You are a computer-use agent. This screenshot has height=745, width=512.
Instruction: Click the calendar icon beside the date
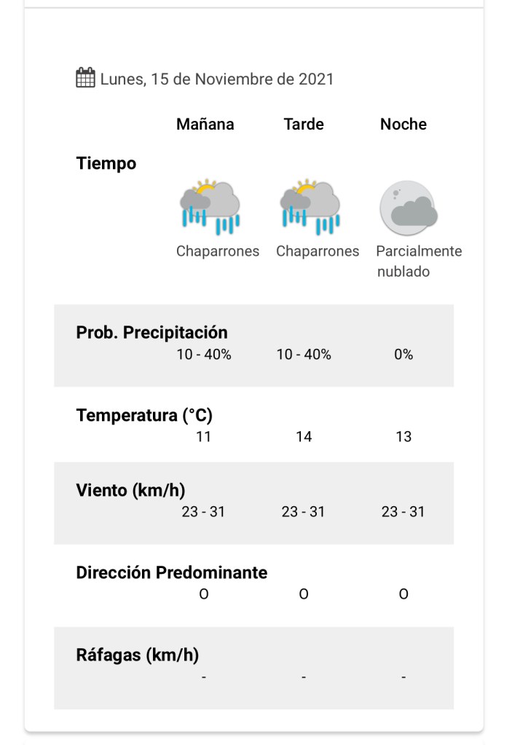(x=85, y=78)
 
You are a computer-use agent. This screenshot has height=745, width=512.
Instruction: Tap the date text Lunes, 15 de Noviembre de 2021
(x=217, y=79)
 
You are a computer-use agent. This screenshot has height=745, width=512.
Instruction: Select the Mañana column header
(x=205, y=124)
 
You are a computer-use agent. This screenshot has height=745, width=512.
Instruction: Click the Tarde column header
(x=304, y=124)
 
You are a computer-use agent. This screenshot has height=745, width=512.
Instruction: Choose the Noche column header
(x=403, y=124)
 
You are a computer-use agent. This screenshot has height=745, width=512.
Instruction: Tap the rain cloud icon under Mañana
(x=210, y=207)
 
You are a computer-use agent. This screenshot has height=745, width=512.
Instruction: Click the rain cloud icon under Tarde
(x=310, y=207)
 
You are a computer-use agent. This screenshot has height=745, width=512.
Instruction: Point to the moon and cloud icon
(x=409, y=208)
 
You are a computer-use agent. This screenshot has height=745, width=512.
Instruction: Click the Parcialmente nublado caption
(x=418, y=261)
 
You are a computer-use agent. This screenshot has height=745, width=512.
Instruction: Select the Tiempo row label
(x=106, y=164)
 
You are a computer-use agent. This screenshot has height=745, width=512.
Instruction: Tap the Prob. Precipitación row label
(x=151, y=333)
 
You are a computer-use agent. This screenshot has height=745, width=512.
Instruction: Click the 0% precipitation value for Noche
(x=403, y=355)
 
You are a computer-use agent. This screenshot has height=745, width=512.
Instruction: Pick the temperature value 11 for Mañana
(x=203, y=437)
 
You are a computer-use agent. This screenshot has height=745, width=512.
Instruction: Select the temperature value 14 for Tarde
(x=304, y=437)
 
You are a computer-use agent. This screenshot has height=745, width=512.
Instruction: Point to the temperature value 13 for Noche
(x=403, y=437)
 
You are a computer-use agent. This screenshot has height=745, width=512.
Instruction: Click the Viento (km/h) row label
(x=130, y=490)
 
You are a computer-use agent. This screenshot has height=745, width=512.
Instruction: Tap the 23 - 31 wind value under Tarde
(x=304, y=512)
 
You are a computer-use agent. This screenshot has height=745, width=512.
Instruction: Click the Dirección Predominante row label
(x=171, y=572)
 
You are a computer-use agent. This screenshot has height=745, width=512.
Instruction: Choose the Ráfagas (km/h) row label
(x=137, y=655)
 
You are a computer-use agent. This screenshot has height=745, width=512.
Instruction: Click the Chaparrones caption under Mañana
(x=218, y=251)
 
